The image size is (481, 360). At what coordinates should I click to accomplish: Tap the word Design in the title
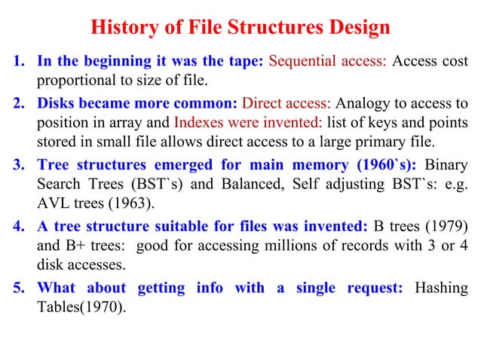(x=359, y=29)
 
